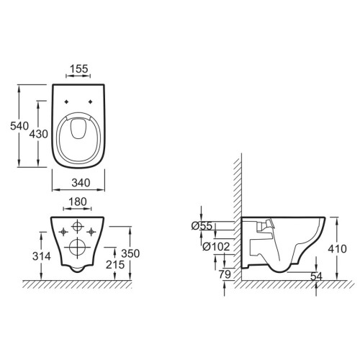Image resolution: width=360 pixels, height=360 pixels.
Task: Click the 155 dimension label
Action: point(79,69)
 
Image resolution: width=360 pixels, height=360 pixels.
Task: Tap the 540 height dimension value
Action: point(19,126)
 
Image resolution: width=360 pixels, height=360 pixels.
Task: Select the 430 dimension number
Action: point(38,134)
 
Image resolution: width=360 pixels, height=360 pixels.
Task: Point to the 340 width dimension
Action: point(81,183)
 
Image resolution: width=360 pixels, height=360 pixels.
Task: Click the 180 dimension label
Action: point(77,202)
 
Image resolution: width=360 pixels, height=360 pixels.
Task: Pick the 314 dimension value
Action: point(42,256)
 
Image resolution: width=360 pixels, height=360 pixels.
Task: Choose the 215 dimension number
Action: point(115,265)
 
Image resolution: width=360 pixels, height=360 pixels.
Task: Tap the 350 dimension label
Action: point(130,253)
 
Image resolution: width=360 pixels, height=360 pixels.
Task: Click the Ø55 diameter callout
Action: point(202,226)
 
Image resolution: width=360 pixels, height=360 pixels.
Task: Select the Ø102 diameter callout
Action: point(216,246)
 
